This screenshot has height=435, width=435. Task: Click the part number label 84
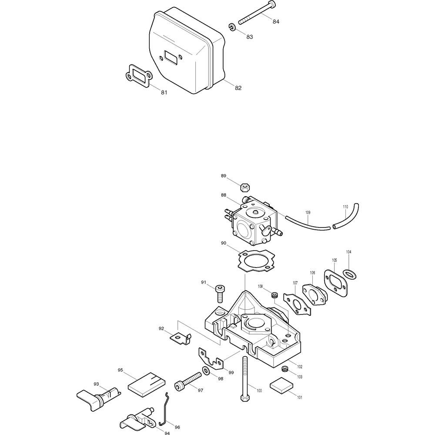[x=276, y=21]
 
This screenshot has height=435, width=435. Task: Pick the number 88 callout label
[x=224, y=195]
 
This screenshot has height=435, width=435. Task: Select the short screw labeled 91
[x=220, y=294]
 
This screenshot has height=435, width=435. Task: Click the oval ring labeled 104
[x=349, y=274]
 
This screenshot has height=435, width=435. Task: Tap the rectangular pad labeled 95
[x=147, y=383]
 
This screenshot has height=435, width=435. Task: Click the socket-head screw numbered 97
[x=187, y=381]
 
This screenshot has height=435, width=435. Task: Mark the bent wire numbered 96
[x=164, y=409]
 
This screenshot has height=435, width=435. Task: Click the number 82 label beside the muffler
[x=238, y=88]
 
